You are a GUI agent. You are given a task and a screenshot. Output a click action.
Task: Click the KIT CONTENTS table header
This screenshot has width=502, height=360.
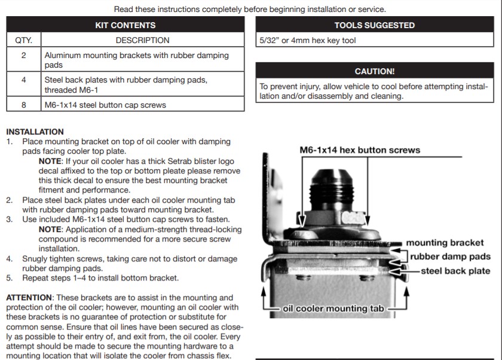click(x=125, y=25)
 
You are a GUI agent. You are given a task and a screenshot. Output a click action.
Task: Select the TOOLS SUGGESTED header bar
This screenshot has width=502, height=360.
click(x=374, y=25)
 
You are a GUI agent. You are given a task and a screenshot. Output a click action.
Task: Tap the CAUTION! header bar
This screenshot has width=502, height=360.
click(x=374, y=71)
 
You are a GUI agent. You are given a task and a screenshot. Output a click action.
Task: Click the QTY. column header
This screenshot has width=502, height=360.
click(x=24, y=40)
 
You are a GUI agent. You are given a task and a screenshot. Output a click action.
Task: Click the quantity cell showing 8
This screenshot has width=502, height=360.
click(x=24, y=105)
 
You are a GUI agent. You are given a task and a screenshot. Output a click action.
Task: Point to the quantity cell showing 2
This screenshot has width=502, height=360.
click(x=24, y=55)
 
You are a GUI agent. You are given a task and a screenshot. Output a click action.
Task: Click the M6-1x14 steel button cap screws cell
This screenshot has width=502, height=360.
click(x=105, y=105)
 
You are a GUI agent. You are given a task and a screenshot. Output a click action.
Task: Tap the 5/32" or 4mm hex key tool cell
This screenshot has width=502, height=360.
click(x=308, y=41)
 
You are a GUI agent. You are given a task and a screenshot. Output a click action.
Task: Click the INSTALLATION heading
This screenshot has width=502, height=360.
click(x=35, y=132)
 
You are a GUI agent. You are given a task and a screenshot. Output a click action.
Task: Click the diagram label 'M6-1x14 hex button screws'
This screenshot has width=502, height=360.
click(x=360, y=150)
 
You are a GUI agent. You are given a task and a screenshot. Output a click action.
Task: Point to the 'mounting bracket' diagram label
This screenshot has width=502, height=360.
click(x=445, y=243)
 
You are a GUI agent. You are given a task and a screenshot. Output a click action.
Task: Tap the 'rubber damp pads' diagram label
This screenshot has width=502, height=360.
click(x=450, y=257)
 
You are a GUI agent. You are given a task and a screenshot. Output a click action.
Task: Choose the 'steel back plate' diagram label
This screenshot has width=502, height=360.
click(x=455, y=270)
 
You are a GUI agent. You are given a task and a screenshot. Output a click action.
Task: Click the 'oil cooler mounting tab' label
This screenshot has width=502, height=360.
click(x=333, y=309)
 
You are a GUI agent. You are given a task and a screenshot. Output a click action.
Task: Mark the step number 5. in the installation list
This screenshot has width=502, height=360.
click(x=10, y=278)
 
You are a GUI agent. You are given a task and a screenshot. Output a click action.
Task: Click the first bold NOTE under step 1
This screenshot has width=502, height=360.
click(x=50, y=161)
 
